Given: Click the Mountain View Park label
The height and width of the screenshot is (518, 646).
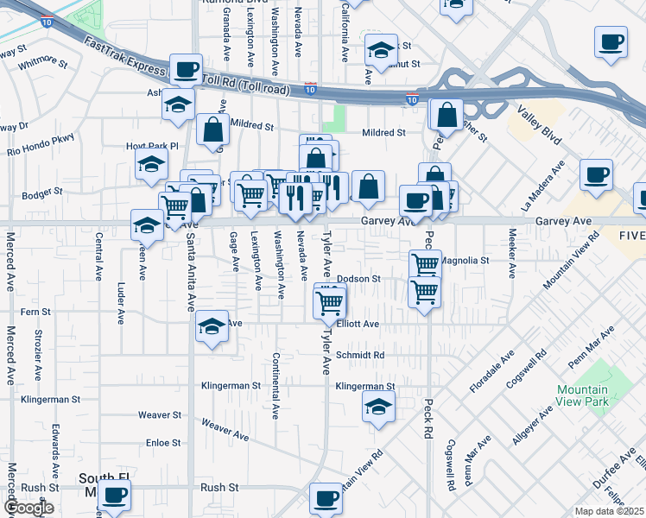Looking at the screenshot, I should click(x=582, y=395).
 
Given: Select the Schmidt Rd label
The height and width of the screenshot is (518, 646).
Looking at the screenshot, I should click(x=360, y=355).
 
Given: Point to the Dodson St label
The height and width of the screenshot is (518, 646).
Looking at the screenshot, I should click(x=358, y=279).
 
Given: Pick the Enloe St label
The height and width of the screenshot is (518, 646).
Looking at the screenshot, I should click(x=163, y=443).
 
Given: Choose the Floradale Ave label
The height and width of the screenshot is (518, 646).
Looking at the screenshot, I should click(x=491, y=371).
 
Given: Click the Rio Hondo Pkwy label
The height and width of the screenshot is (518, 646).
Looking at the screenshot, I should click(x=41, y=144).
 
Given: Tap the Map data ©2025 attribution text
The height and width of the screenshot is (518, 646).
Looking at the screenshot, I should click(x=609, y=511).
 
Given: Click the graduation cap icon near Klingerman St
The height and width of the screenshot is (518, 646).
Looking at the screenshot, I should click(x=377, y=406).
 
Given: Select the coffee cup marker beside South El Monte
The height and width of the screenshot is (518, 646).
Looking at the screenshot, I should click(x=114, y=496).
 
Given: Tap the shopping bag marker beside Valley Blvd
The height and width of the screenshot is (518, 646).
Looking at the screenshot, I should click(x=446, y=114).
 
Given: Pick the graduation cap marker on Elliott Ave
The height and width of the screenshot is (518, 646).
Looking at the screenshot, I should click(x=212, y=326).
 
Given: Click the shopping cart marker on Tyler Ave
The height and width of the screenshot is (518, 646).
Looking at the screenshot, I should click(x=330, y=301).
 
